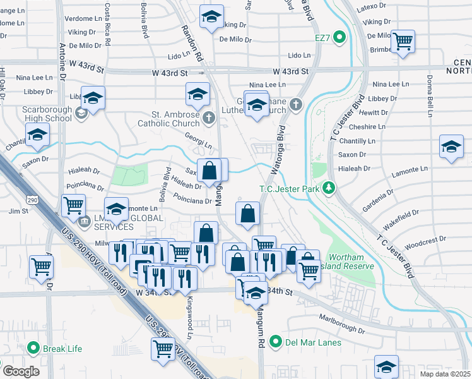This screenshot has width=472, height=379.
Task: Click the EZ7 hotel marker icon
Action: pos(339,38)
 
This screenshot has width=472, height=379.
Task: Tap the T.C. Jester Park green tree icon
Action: pos(328,188)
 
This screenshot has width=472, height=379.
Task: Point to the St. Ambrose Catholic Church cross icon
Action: pos(209,116)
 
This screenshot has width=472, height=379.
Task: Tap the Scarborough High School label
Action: pos(47,114)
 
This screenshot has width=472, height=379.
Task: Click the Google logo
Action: pos(21,371)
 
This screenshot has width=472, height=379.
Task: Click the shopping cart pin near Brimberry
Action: pos(403,42)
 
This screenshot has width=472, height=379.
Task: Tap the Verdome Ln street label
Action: pos(84,18)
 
